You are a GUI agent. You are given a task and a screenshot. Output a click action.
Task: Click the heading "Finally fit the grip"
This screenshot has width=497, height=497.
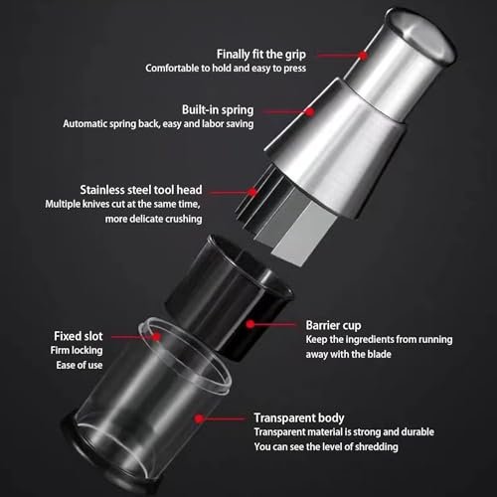click(261, 55)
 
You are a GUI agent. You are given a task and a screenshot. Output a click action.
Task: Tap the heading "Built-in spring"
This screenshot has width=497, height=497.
click(218, 109)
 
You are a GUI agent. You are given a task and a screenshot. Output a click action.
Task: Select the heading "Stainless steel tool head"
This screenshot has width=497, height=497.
click(141, 190)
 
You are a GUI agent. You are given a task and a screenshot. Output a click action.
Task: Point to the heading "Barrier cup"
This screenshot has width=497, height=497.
click(333, 325)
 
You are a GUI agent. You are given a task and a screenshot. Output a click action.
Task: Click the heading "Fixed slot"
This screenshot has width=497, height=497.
click(79, 336)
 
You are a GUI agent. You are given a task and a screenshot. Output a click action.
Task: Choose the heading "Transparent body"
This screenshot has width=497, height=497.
click(299, 418)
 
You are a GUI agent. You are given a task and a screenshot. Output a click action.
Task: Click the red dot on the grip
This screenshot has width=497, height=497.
click(363, 56)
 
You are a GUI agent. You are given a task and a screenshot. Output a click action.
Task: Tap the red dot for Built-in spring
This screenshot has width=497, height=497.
click(310, 112)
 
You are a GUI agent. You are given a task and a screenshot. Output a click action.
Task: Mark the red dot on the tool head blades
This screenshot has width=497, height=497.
click(252, 192)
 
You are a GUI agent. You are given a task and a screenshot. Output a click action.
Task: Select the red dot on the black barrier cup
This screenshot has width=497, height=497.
click(250, 324)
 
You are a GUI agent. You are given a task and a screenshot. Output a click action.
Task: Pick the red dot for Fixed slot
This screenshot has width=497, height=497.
click(156, 337)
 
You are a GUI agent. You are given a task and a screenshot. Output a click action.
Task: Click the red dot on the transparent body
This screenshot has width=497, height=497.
click(199, 418)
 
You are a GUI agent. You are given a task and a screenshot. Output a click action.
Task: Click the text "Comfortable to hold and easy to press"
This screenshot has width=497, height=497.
click(226, 68)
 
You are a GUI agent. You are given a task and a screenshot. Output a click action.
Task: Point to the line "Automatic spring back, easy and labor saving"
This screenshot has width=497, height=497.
click(158, 123)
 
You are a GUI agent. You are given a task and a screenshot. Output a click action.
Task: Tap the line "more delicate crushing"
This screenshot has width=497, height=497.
click(153, 219)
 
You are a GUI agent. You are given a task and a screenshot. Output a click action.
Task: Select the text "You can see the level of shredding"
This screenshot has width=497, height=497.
click(326, 446)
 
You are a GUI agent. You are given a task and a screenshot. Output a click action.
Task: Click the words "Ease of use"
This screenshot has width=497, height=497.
click(80, 365)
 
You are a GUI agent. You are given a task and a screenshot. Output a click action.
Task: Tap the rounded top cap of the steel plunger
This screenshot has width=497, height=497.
click(421, 36)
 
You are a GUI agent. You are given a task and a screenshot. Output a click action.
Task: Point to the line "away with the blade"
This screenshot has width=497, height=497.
click(348, 354)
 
